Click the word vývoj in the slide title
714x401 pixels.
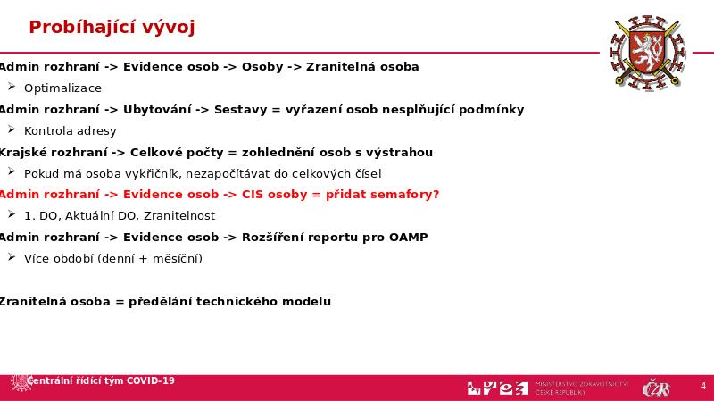click(168, 28)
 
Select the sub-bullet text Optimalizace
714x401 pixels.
click(62, 88)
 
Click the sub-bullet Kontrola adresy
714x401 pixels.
click(71, 131)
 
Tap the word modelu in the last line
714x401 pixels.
click(307, 302)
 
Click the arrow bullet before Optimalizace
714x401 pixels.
click(12, 88)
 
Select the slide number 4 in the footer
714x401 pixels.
click(703, 387)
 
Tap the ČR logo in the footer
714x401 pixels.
click(656, 388)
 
